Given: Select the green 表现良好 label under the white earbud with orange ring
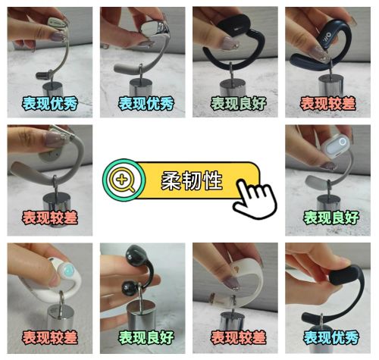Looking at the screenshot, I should tap(331, 218).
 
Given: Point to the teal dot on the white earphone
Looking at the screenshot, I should tap(67, 269).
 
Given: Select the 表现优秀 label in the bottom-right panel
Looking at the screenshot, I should tap(331, 336).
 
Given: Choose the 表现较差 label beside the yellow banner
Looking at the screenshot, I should tap(49, 218).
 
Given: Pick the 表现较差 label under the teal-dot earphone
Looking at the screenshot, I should tap(49, 336).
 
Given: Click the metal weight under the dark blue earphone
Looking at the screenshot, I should tap(330, 80).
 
